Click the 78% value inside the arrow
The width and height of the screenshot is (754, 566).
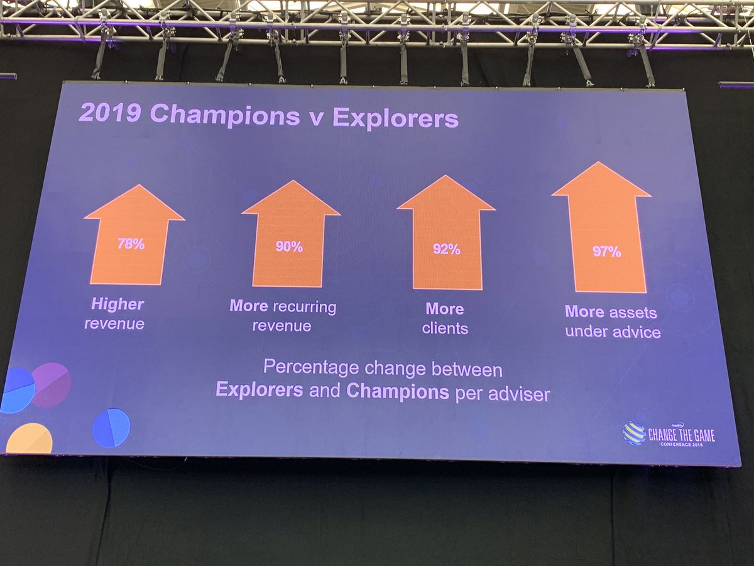131,244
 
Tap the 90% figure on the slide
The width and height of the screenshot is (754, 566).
289,247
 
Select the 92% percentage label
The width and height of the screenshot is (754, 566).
446,250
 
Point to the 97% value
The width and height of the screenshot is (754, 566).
606,252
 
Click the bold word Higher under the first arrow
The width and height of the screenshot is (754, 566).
117,305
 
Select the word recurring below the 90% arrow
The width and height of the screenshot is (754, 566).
307,307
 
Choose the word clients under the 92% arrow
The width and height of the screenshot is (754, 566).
445,328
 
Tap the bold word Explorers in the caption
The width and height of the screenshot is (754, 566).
259,390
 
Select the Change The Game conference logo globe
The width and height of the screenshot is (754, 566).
633,434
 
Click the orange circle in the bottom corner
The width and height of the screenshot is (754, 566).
28,440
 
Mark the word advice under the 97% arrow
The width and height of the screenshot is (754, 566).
637,332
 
